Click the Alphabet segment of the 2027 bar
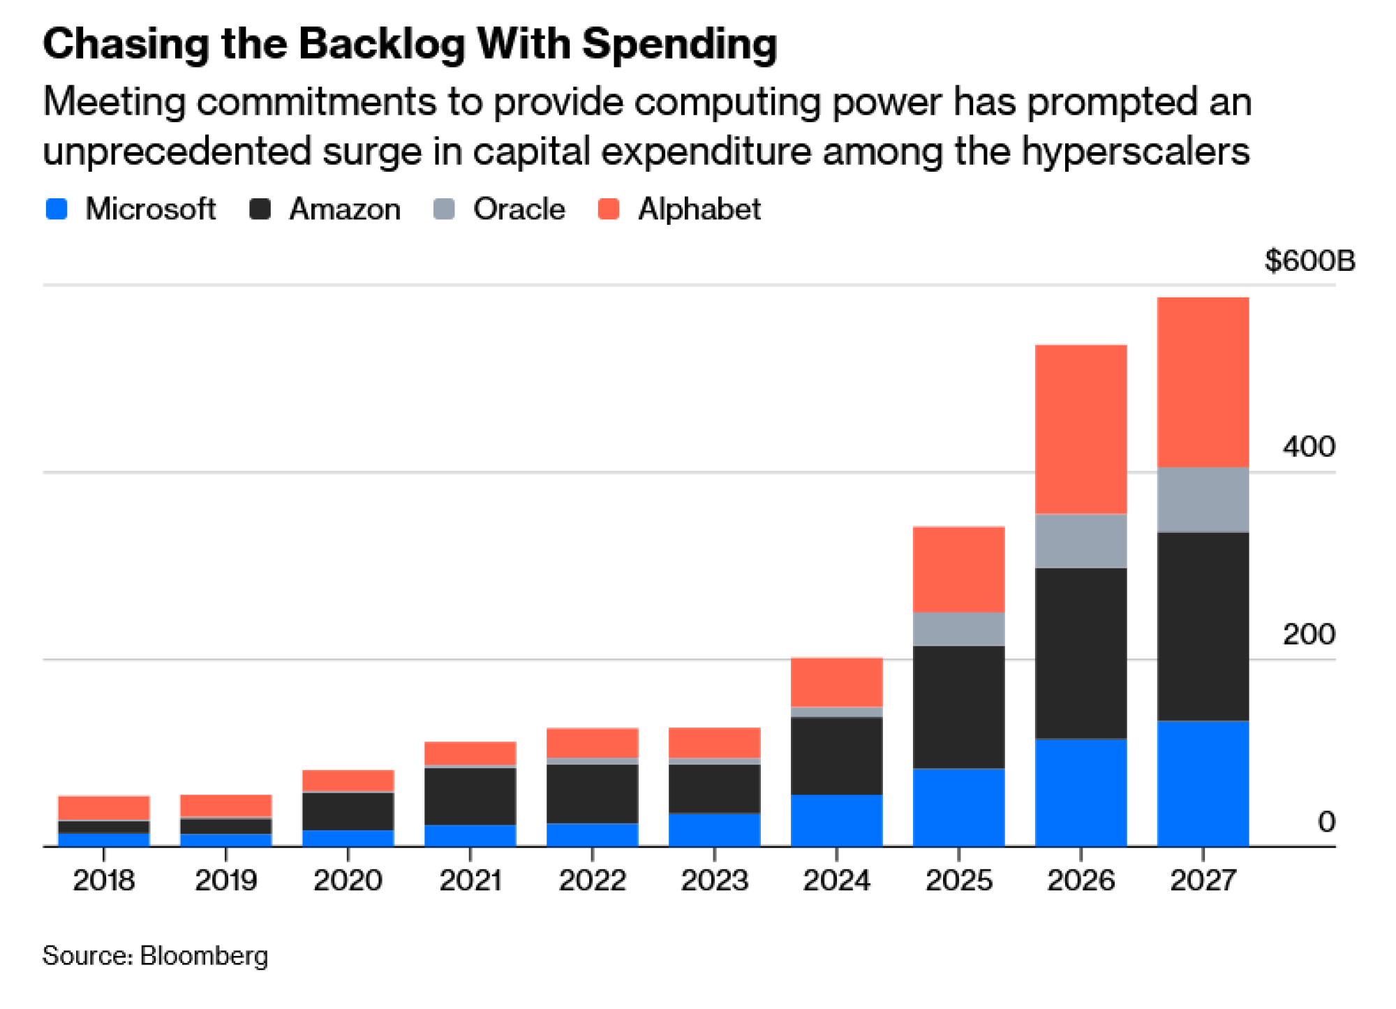[1203, 382]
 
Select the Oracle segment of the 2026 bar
[1081, 540]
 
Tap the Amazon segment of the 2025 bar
[958, 707]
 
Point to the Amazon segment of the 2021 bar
[470, 796]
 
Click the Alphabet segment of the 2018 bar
[103, 807]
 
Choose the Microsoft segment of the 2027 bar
[1203, 783]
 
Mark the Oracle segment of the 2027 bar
[1203, 499]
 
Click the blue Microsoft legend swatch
[57, 209]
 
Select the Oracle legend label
[519, 209]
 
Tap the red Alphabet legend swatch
[609, 209]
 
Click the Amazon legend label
[345, 209]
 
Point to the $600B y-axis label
[1309, 260]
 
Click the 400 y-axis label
[1309, 446]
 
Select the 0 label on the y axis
[1326, 822]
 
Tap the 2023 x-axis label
[714, 880]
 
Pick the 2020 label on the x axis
[348, 880]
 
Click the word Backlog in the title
[382, 44]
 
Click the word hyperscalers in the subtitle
[1136, 152]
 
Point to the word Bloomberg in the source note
[204, 955]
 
